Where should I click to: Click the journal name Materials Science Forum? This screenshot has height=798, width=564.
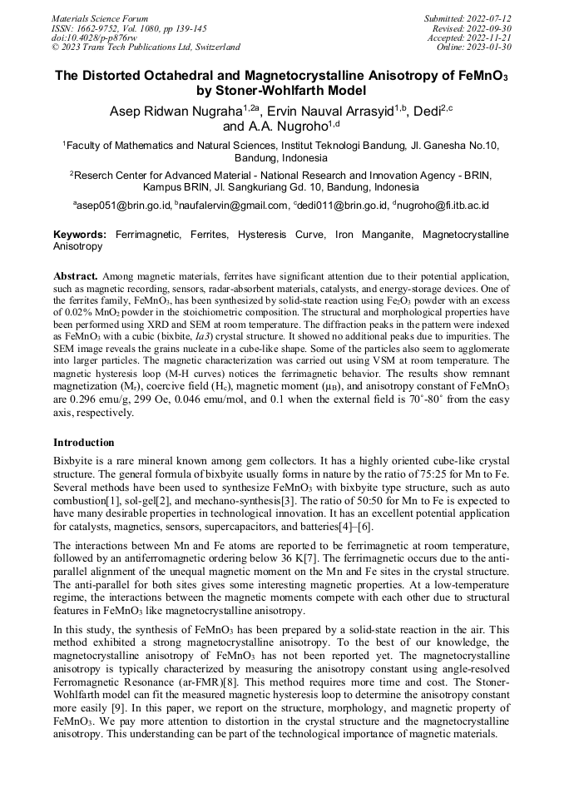pos(100,17)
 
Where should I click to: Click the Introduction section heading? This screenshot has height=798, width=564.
pos(84,443)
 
